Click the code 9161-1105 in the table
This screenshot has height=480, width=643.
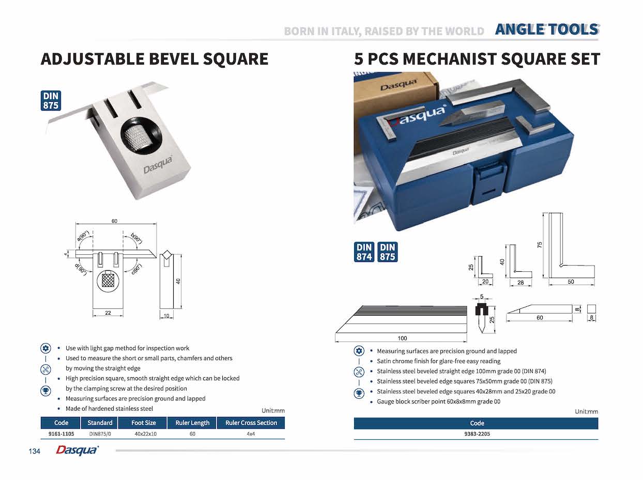pyautogui.click(x=61, y=434)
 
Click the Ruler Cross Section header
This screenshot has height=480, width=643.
pyautogui.click(x=251, y=423)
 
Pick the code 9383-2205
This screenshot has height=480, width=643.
pyautogui.click(x=477, y=434)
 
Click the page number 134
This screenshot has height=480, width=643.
pyautogui.click(x=35, y=452)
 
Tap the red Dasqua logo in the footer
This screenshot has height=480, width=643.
pyautogui.click(x=77, y=451)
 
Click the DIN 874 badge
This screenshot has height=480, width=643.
pyautogui.click(x=364, y=252)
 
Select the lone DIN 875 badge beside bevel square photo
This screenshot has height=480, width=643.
pyautogui.click(x=51, y=101)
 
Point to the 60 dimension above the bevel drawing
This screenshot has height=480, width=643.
pyautogui.click(x=114, y=221)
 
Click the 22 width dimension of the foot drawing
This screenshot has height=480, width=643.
pyautogui.click(x=108, y=313)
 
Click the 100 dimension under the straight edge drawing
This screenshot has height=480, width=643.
pyautogui.click(x=402, y=338)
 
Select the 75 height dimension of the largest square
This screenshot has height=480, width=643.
pyautogui.click(x=540, y=244)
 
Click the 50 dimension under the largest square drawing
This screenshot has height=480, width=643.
pyautogui.click(x=571, y=282)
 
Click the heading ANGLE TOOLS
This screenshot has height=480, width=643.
pyautogui.click(x=546, y=29)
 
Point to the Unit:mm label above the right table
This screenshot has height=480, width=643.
pyautogui.click(x=586, y=412)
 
